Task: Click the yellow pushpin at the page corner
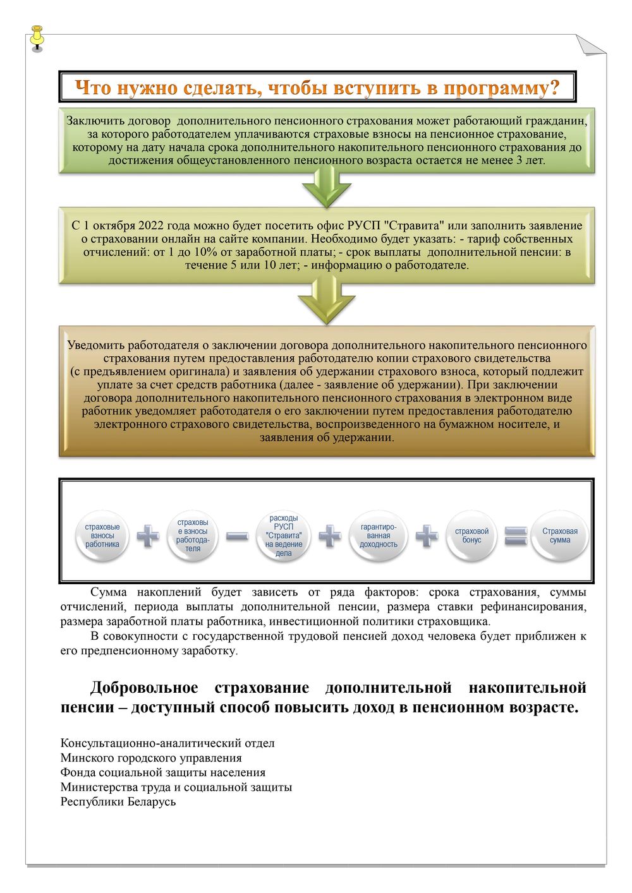tap(37, 36)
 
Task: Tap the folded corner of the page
tap(590, 45)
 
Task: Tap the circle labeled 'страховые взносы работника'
tap(102, 536)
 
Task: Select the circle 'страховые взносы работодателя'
tap(193, 536)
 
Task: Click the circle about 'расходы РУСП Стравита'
tap(284, 536)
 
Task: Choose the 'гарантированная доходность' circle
tap(378, 536)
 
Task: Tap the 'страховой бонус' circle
tap(471, 536)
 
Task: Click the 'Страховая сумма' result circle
tap(560, 536)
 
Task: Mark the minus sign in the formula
tap(237, 537)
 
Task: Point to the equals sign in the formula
tap(516, 537)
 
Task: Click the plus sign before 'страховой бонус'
tap(427, 537)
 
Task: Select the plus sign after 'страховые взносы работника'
tap(148, 537)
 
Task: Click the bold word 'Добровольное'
tap(144, 688)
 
